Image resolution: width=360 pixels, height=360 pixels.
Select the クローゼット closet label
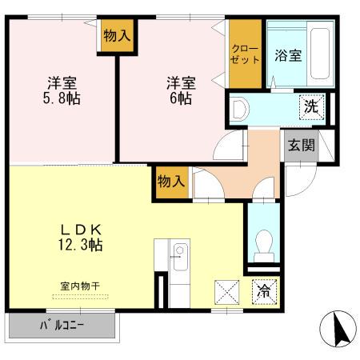coord(245,54)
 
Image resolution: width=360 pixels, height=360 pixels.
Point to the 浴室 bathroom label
coord(287,55)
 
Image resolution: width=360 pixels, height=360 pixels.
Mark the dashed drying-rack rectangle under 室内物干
coord(78,296)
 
